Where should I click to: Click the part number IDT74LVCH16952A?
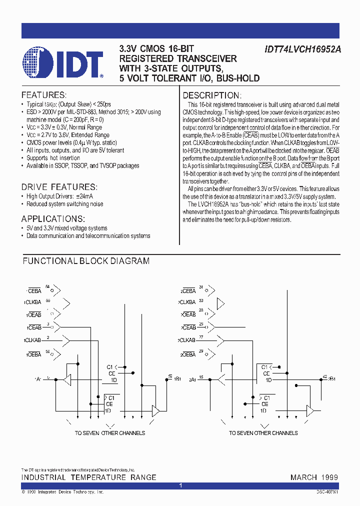click(301, 50)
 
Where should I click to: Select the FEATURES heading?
click(43, 95)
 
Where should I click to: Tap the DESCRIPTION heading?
click(212, 95)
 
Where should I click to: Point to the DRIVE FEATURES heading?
click(58, 186)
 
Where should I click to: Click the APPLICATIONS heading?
click(53, 218)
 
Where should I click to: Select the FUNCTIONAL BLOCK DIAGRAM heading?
click(86, 261)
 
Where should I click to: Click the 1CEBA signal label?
click(33, 290)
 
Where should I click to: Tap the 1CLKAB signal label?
click(32, 340)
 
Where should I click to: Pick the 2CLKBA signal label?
click(187, 302)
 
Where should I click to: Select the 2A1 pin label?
click(192, 379)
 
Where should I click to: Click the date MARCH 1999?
click(314, 477)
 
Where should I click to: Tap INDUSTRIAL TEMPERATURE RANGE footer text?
click(88, 477)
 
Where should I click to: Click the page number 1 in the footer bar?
click(180, 485)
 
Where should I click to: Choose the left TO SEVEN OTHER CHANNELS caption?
click(110, 433)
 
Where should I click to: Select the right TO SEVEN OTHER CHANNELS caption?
click(263, 433)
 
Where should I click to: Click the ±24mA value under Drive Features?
click(82, 196)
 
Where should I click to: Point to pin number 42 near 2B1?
click(325, 376)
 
